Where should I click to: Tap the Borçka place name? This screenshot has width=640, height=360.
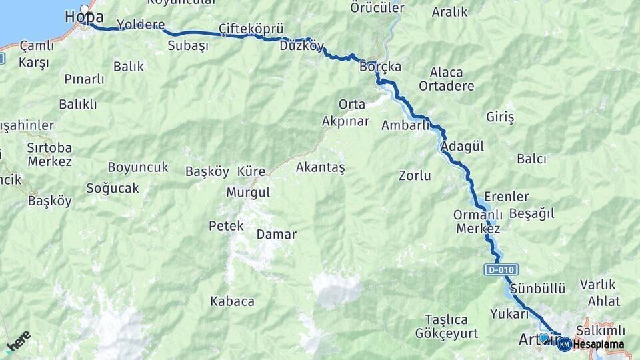[x=380, y=67]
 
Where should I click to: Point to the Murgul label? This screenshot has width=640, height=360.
[x=248, y=192]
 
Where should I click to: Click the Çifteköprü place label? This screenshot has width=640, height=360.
[x=251, y=29]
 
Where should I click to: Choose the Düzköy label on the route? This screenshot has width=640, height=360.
[x=302, y=46]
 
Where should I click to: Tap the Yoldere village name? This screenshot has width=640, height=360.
[x=141, y=25]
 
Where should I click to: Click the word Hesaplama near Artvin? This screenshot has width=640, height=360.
[x=599, y=344]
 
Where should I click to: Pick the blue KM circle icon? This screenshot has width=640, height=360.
[x=564, y=344]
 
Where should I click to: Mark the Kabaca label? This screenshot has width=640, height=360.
[x=232, y=301]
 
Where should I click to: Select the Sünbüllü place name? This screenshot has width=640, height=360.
[x=538, y=289]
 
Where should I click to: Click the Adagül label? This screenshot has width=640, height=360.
[x=463, y=147]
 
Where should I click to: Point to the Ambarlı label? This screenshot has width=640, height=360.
[x=405, y=125]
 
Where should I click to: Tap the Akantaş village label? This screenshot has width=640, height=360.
[x=320, y=167]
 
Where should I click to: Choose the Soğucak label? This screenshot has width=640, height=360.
[x=113, y=188]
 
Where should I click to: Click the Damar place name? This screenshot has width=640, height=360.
[x=276, y=235]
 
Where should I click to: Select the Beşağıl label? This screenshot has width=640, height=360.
[x=531, y=214]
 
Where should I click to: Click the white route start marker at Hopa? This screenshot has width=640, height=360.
[x=84, y=9]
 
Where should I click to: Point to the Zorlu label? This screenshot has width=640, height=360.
[x=415, y=176]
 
